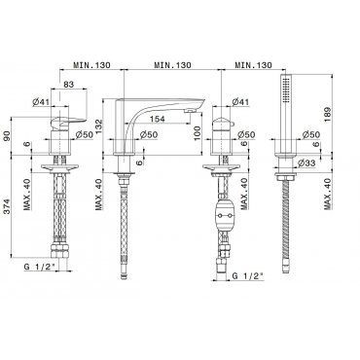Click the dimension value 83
pos(68,85)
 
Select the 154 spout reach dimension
pos(158,119)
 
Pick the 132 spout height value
pos(99,127)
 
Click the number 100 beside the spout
pos(198,133)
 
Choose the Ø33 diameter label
pos(306,163)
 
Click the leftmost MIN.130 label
pos(91,65)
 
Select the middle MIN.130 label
pos(172,65)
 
